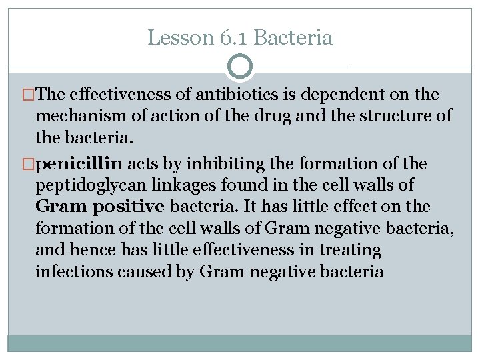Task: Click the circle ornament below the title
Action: (240, 67)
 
